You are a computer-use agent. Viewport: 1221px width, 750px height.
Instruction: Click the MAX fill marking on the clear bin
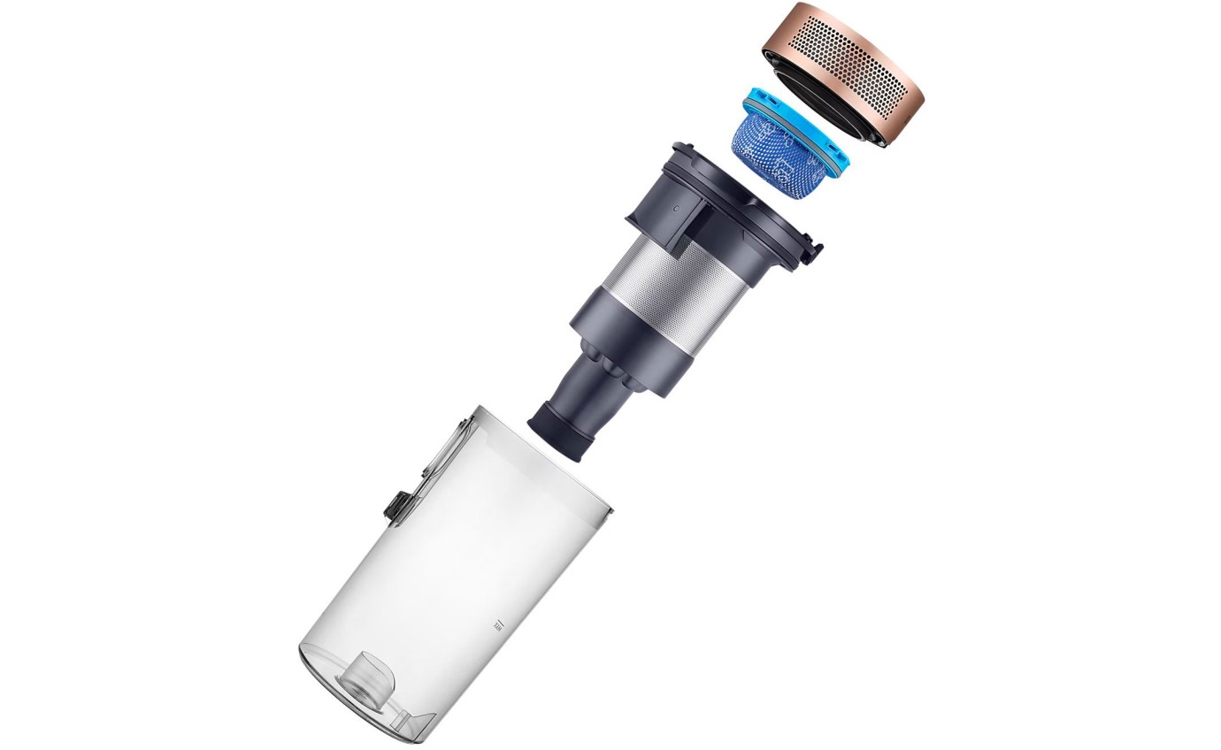496,624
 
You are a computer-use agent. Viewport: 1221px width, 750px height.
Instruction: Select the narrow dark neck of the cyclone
587,389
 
